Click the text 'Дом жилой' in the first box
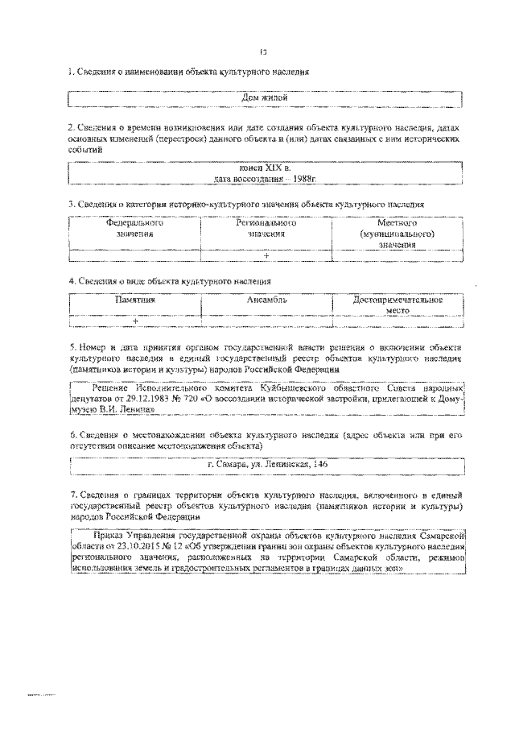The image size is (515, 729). point(265,98)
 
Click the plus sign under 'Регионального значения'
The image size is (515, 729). point(266,256)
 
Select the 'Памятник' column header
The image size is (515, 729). point(134,299)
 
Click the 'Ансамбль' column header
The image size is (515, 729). point(266,299)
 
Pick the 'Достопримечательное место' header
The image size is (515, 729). point(398,304)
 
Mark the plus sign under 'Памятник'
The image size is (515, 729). point(135,321)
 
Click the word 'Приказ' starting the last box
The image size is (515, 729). point(109,534)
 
